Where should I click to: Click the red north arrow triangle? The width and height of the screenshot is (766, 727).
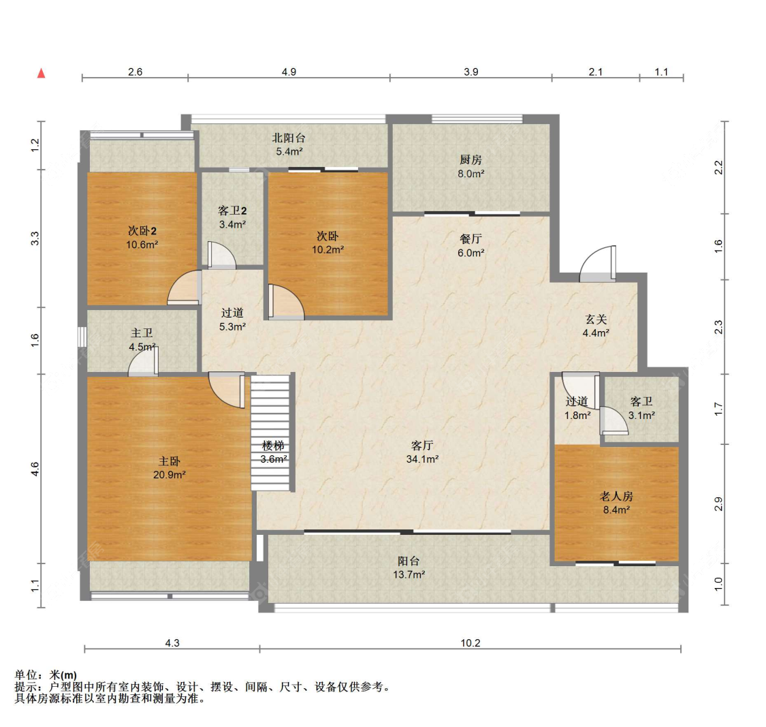coord(42,74)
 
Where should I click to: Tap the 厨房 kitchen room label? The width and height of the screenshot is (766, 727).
coord(470,160)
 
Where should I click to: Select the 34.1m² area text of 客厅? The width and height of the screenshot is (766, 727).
coord(422,459)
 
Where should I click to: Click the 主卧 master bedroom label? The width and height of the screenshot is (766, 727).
coord(169,461)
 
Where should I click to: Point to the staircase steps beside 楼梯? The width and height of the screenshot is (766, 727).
coord(272,432)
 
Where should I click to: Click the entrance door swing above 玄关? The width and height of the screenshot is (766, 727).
coord(598,264)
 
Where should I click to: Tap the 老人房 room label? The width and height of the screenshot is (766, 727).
coord(616,497)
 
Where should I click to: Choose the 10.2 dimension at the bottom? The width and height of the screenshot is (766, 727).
coord(470,643)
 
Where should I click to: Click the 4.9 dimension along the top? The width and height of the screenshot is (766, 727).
coord(289,72)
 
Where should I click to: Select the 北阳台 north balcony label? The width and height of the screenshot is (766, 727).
coord(289,138)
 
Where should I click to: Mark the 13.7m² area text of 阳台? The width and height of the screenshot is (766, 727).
coord(409,574)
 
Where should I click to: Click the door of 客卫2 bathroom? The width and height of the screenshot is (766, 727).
coord(222,256)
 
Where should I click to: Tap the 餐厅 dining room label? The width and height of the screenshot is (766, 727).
coord(470,239)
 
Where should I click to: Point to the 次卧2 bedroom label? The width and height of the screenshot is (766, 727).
coord(142,231)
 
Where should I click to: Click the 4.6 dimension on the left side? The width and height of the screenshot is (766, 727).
coord(35,469)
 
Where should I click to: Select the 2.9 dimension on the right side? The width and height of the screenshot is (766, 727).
coord(718,504)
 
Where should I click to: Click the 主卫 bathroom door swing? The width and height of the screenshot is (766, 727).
coord(143,362)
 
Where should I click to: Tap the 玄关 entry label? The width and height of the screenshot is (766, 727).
coord(596,320)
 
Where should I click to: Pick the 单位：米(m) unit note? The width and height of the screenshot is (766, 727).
coord(46,675)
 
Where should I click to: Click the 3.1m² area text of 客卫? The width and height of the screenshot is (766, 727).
coord(641,416)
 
